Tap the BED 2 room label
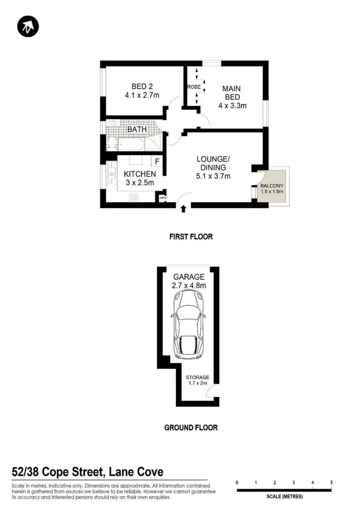(x=142, y=86)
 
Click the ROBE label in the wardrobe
(x=194, y=87)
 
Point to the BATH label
(x=137, y=129)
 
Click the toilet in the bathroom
(x=110, y=143)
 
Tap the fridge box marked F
(x=157, y=162)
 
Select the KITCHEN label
(x=140, y=174)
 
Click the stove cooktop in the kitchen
(x=134, y=195)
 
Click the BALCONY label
(x=272, y=185)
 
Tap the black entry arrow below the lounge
(x=183, y=208)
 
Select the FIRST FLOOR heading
(x=191, y=237)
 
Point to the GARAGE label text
(x=189, y=277)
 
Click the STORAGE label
(x=198, y=377)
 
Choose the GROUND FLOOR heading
(x=191, y=427)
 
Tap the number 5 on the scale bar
(x=331, y=483)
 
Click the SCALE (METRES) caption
(x=284, y=496)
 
